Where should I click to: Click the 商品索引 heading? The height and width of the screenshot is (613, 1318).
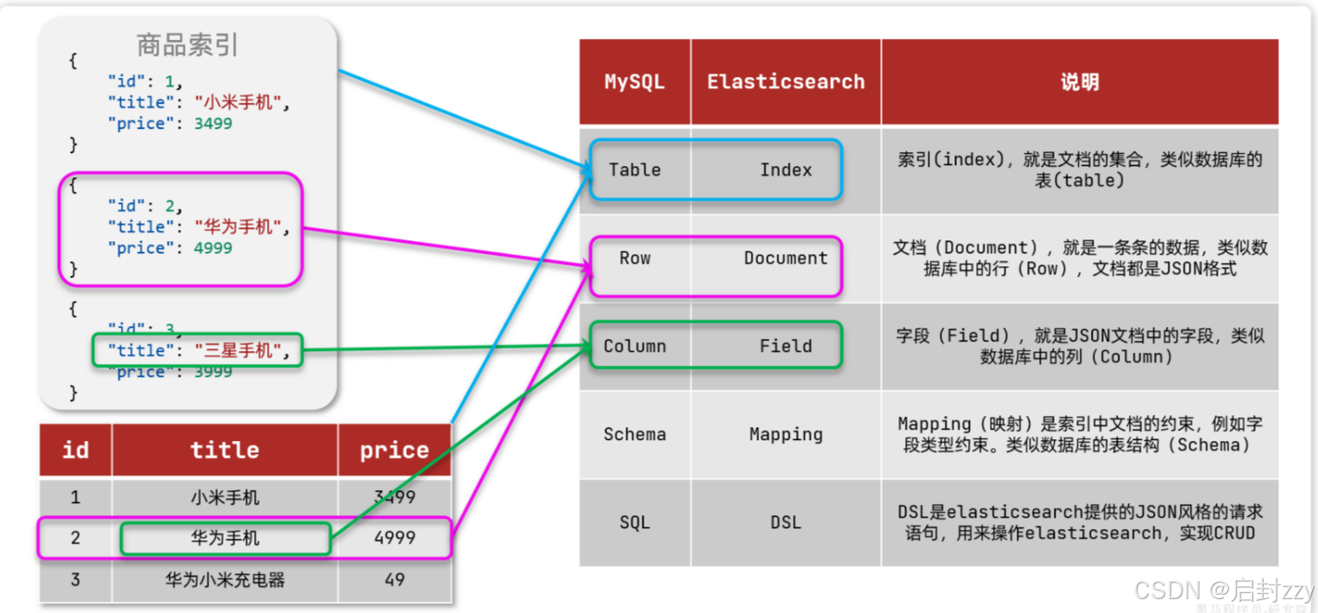[187, 45]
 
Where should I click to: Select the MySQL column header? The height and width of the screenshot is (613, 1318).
[635, 82]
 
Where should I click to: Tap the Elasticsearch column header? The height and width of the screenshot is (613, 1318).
[786, 82]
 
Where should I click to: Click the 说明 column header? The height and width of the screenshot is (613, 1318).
[1080, 82]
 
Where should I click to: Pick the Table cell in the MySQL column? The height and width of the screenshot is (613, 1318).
[635, 170]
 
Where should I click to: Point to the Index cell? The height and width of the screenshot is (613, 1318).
[786, 170]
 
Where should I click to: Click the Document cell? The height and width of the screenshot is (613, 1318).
[786, 259]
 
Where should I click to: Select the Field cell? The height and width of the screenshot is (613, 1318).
[786, 347]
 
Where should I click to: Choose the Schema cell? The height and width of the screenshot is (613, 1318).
[635, 435]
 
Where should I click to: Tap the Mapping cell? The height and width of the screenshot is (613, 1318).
[786, 435]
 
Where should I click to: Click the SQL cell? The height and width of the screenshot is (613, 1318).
[635, 523]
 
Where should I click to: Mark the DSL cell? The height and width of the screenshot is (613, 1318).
[786, 523]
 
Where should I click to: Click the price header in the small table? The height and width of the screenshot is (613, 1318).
[395, 450]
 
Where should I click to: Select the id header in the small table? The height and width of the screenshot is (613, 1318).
[75, 450]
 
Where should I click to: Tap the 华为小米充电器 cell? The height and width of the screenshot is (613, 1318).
[225, 580]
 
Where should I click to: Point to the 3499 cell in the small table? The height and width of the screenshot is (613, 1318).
[395, 497]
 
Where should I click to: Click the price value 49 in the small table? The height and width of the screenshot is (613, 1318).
[395, 580]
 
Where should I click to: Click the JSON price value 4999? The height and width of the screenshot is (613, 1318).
[212, 248]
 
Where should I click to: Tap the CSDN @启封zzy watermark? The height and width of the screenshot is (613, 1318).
[1224, 591]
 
